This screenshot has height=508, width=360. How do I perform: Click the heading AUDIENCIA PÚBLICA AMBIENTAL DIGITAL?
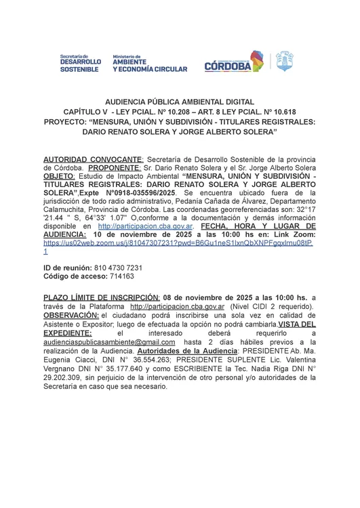tap(180, 100)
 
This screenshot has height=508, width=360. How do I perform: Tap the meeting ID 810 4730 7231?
tap(119, 268)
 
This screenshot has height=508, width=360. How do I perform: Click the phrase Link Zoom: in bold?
tap(292, 232)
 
